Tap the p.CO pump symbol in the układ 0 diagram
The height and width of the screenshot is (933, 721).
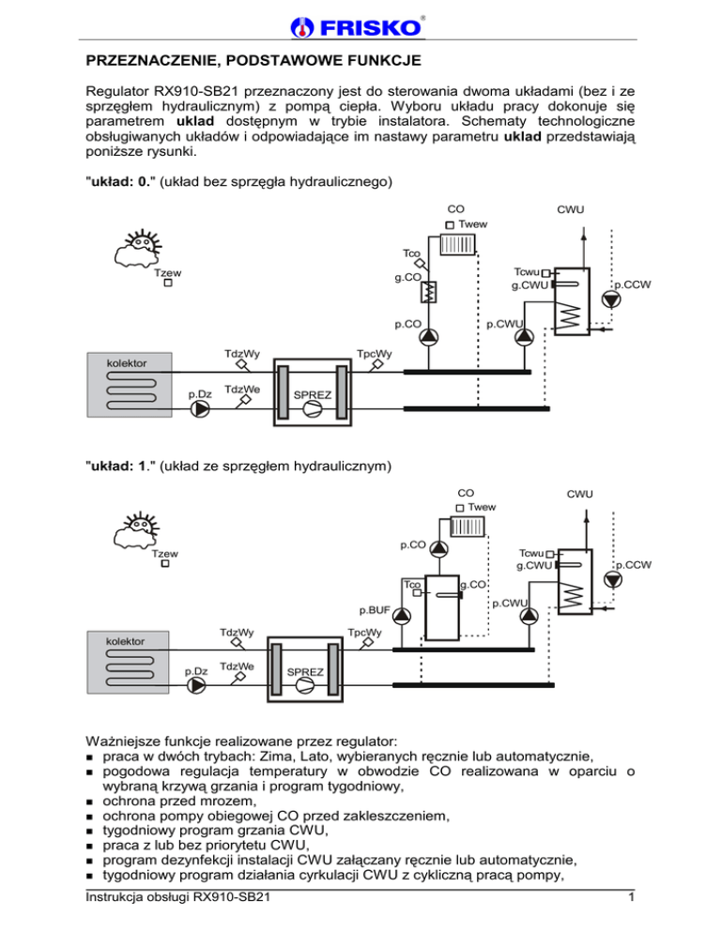pyautogui.click(x=429, y=336)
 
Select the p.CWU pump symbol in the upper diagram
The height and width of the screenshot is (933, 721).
pyautogui.click(x=525, y=336)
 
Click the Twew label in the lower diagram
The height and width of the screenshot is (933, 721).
pyautogui.click(x=482, y=507)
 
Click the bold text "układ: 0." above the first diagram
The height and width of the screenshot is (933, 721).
pyautogui.click(x=116, y=180)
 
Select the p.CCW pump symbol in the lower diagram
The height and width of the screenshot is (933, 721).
pyautogui.click(x=612, y=580)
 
